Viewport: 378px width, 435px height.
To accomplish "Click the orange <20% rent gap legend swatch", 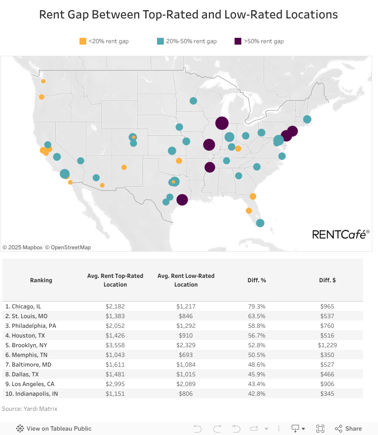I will tap(83, 41).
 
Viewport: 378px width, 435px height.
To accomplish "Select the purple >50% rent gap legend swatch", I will tap(238, 41).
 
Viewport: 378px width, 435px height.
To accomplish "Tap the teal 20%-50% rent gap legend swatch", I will tap(160, 41).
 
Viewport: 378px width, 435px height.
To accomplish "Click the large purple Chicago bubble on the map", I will tap(222, 123).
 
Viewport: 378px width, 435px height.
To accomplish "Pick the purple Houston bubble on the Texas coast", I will tap(182, 200).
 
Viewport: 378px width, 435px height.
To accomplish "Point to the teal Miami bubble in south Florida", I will tap(260, 223).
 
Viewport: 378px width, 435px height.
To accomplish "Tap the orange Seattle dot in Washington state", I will tap(43, 81).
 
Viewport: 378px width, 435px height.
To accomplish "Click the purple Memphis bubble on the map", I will tap(209, 167).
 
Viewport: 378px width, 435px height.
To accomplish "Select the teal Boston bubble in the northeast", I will tap(307, 119).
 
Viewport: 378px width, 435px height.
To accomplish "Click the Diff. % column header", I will tap(257, 280).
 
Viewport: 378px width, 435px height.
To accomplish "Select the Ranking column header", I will tap(41, 280).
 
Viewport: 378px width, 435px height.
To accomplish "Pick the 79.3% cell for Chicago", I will tap(257, 306).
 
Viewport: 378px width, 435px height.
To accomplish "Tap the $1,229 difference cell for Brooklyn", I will tap(327, 345).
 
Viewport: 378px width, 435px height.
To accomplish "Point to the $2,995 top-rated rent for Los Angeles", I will tap(115, 384).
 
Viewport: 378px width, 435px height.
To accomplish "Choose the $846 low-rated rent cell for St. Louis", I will tap(186, 316).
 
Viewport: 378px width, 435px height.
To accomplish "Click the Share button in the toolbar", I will tap(348, 429).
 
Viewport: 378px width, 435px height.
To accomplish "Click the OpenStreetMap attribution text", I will tap(68, 247).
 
